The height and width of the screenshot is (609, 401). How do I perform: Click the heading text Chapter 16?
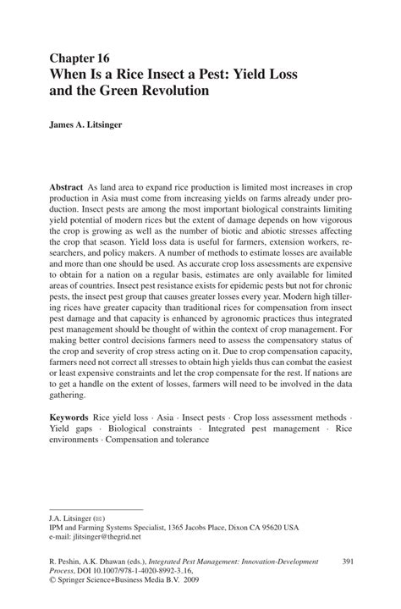point(79,58)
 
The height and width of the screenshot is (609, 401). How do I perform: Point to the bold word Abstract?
point(66,184)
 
